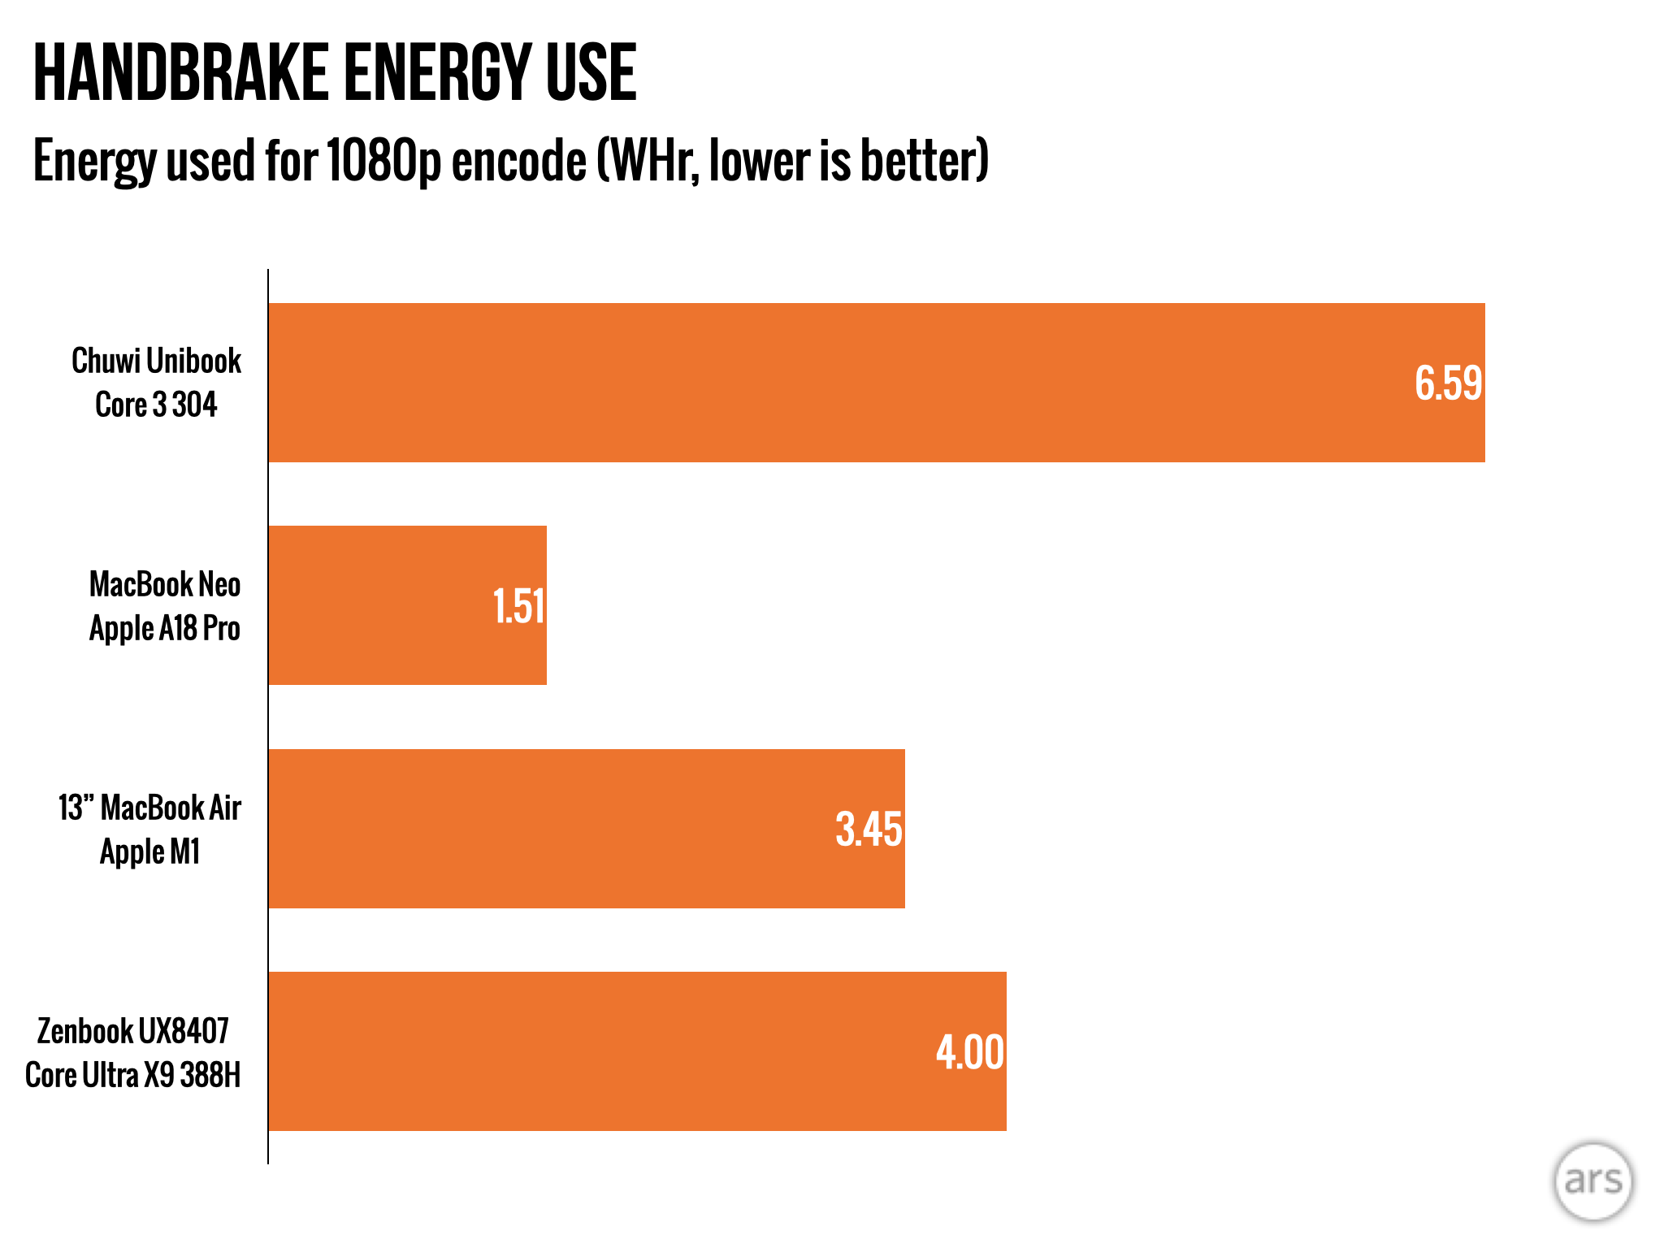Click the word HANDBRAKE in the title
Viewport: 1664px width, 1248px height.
point(180,73)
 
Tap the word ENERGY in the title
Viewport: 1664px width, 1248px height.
point(436,73)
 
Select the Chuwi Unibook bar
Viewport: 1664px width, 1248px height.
point(877,383)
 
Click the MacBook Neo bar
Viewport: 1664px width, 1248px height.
point(408,605)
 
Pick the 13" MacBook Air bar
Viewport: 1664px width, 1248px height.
point(587,829)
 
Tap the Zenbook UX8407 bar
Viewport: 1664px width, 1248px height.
point(638,1051)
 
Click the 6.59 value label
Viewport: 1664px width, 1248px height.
point(1449,383)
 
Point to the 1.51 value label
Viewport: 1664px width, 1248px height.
point(519,607)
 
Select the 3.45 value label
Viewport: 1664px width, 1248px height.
point(869,830)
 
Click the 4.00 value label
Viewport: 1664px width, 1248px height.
point(970,1053)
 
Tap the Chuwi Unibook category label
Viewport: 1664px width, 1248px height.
point(156,361)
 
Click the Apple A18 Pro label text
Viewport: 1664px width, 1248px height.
point(165,629)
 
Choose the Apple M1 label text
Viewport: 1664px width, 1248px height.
point(150,852)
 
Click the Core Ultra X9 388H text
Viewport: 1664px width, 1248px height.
point(133,1075)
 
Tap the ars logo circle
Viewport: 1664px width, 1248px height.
point(1593,1181)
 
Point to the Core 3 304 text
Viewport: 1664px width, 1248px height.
point(156,405)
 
